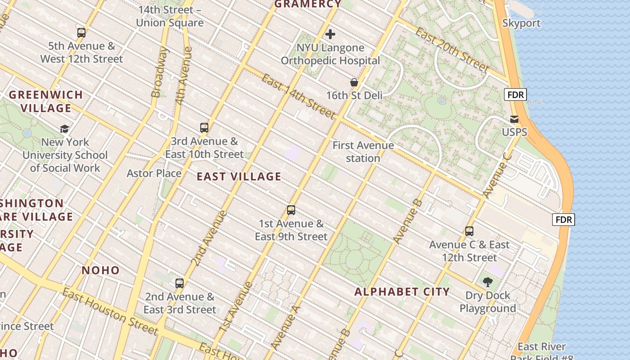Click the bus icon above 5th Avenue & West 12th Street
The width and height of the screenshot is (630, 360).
tap(81, 32)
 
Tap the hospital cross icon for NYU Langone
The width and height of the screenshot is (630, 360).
tap(330, 34)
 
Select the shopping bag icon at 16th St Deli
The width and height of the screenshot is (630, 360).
tap(354, 82)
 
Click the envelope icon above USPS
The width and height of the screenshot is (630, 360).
tap(514, 119)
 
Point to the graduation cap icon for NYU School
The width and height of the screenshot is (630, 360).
tap(65, 129)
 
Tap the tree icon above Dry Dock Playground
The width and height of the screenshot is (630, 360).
tap(487, 282)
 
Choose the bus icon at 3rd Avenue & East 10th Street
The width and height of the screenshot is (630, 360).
tap(204, 128)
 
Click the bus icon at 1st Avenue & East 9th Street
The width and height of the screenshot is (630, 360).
tap(291, 210)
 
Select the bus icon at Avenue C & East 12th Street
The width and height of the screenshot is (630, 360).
tap(469, 231)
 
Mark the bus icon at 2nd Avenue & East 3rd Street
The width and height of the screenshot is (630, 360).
tap(180, 283)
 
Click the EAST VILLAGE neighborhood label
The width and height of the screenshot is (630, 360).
tap(239, 177)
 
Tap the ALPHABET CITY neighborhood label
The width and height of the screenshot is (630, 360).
tap(402, 292)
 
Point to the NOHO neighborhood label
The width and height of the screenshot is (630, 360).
tap(101, 270)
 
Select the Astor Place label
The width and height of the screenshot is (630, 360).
tap(154, 173)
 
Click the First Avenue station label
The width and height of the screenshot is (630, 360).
tap(363, 152)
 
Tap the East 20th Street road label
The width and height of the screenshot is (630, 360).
tap(451, 49)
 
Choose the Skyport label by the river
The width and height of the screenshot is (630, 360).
tap(521, 23)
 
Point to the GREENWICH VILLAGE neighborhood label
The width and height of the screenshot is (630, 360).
tap(46, 101)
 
